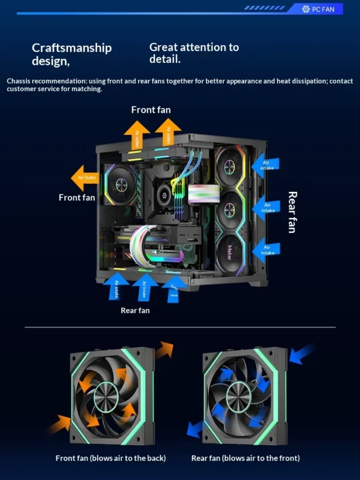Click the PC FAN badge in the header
[323, 9]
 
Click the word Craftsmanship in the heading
[71, 47]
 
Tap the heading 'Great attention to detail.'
[193, 53]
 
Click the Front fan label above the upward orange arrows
[151, 110]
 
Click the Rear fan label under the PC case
[135, 310]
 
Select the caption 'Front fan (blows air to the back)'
[111, 458]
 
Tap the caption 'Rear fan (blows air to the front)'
[245, 458]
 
